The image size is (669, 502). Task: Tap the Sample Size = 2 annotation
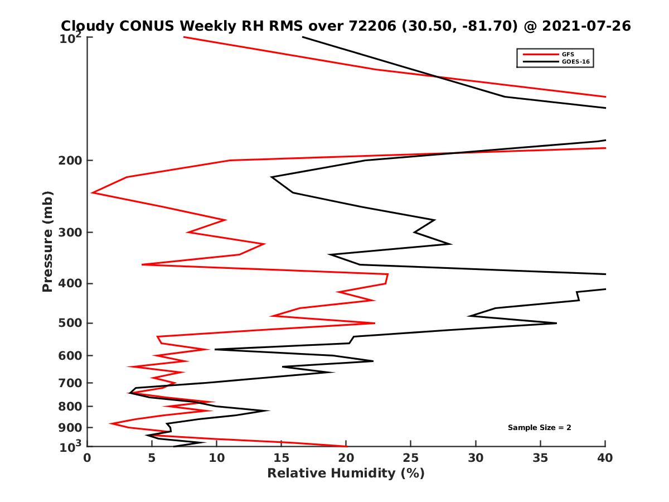(539, 428)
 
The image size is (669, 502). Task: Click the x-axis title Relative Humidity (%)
(346, 474)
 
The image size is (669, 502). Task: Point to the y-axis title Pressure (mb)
(47, 241)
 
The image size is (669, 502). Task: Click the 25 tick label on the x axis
(411, 458)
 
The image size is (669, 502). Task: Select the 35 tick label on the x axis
(540, 458)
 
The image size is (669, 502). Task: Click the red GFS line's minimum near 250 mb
(93, 192)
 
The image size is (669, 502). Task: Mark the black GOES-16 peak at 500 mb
(556, 323)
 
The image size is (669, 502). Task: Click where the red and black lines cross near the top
(437, 76)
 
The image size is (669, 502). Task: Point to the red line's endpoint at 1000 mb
(347, 446)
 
